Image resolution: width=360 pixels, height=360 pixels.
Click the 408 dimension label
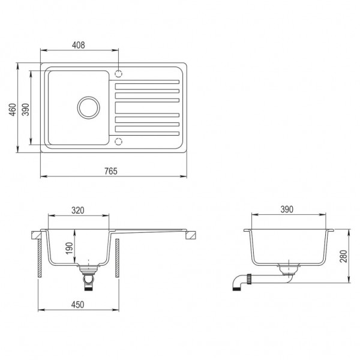79,45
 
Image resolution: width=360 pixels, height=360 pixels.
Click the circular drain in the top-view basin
88,107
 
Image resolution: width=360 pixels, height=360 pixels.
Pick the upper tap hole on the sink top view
118,74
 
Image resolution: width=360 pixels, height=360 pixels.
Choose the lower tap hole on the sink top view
118,141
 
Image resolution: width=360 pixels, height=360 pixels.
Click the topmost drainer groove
147,82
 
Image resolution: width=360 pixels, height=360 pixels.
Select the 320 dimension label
79,211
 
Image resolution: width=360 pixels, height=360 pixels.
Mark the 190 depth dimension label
69,248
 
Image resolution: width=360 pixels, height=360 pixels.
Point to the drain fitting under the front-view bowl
89,278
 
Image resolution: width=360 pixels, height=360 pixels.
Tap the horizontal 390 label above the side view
286,209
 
